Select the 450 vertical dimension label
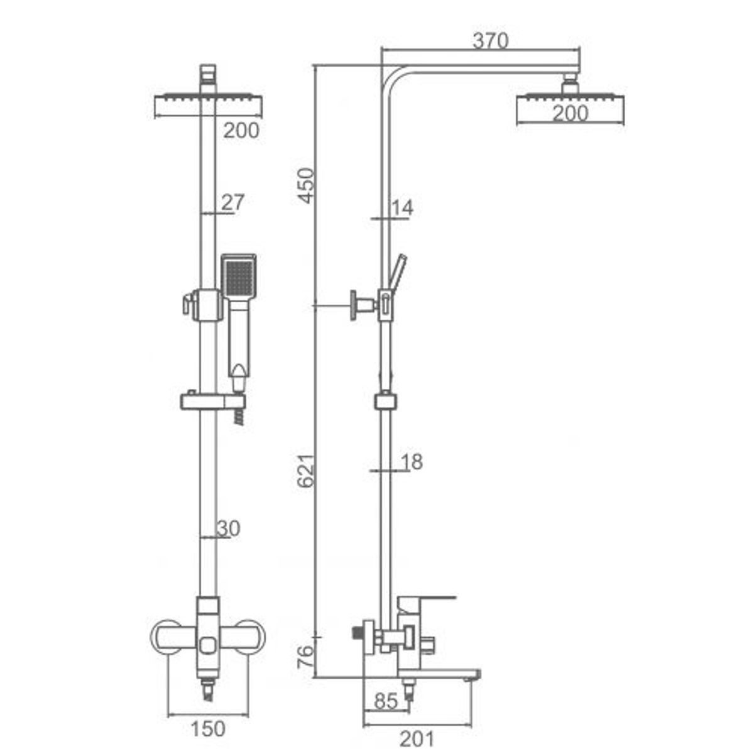(x=305, y=185)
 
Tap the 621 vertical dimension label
(x=305, y=471)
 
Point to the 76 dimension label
(x=305, y=657)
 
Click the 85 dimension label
(x=386, y=701)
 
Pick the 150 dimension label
(x=208, y=729)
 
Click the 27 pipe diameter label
(x=233, y=202)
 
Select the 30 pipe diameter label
(x=229, y=528)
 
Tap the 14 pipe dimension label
(x=402, y=208)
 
